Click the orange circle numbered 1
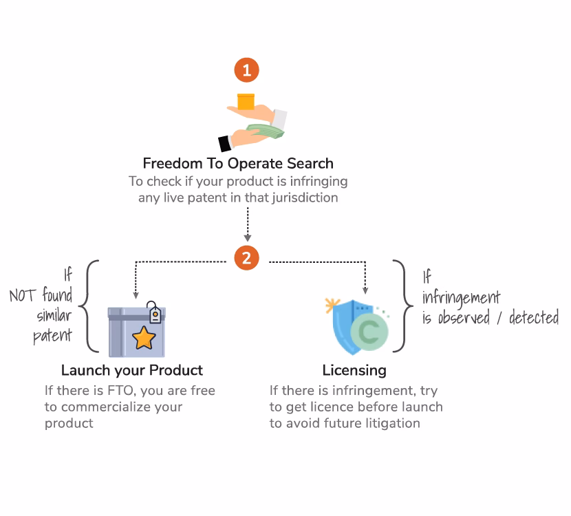[x=247, y=70]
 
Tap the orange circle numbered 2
[x=247, y=259]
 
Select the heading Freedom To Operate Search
[x=238, y=164]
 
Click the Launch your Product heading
[x=132, y=370]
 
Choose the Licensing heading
[x=354, y=370]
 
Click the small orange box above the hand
[x=246, y=103]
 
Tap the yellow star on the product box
[x=144, y=338]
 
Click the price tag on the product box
[x=155, y=314]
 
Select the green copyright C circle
[x=369, y=332]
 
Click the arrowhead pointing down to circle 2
[x=247, y=237]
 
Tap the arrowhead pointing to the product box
[x=136, y=294]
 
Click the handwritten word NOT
[x=22, y=297]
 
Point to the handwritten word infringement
[x=461, y=298]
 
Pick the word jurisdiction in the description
[x=302, y=198]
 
